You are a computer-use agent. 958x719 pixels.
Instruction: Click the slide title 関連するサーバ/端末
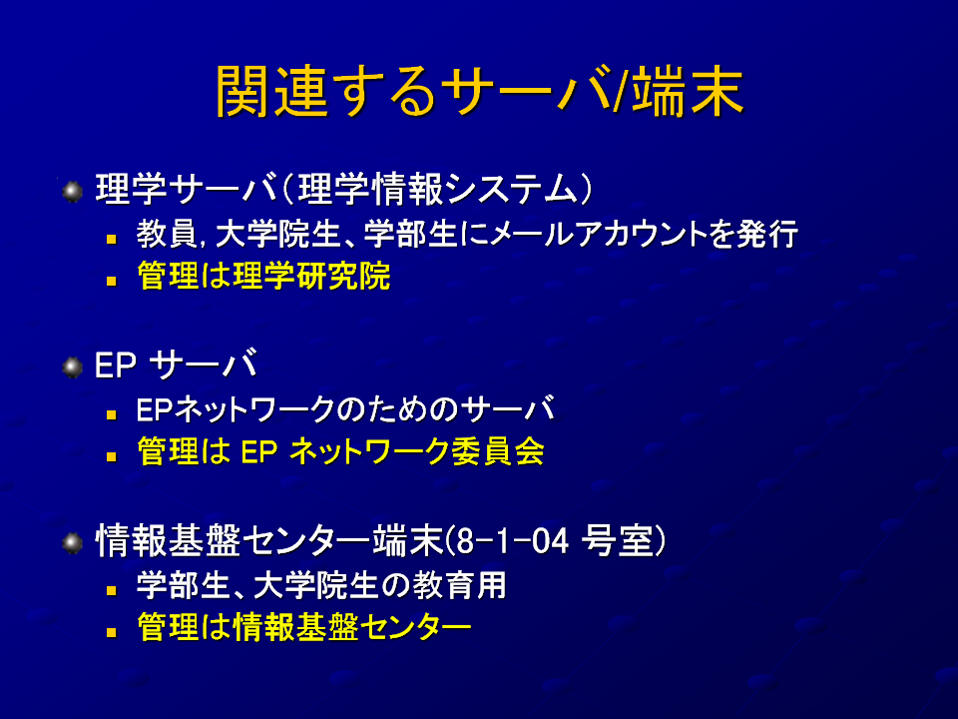(x=480, y=92)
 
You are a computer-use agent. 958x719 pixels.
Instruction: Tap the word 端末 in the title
(x=688, y=92)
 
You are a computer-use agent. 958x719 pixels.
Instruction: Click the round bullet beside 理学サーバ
(x=72, y=192)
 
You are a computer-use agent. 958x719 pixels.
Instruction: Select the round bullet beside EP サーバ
(x=72, y=367)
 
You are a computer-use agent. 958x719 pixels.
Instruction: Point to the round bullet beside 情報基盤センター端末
(x=72, y=543)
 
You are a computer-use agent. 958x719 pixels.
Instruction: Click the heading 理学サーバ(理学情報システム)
(x=344, y=189)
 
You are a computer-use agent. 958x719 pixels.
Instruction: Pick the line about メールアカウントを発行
(x=467, y=234)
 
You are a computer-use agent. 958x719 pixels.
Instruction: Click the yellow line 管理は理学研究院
(x=263, y=276)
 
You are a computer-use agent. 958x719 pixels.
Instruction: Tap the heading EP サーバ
(x=176, y=365)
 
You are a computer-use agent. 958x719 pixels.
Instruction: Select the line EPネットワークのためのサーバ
(x=346, y=409)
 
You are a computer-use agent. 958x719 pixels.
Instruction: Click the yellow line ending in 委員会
(x=341, y=451)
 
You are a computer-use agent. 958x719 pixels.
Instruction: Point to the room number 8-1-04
(x=512, y=541)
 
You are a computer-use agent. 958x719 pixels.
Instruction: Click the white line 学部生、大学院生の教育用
(x=321, y=585)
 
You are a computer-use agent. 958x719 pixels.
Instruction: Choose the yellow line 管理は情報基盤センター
(x=304, y=627)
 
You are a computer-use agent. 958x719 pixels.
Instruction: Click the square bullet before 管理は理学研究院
(x=111, y=282)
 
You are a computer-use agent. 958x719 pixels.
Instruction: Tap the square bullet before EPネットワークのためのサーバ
(x=111, y=415)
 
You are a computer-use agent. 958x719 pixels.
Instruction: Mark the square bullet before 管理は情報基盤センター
(x=111, y=632)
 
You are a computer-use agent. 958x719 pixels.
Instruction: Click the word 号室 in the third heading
(x=617, y=541)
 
